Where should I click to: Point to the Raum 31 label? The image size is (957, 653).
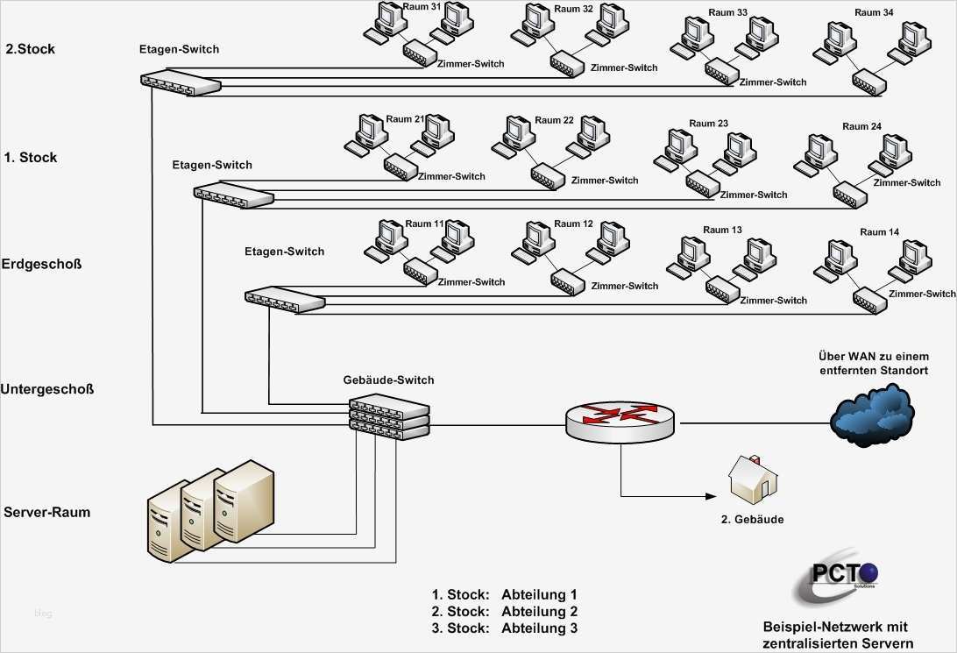(423, 7)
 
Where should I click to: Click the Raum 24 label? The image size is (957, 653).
(861, 127)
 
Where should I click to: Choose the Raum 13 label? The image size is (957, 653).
(722, 230)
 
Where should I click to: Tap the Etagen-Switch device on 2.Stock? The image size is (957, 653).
(181, 82)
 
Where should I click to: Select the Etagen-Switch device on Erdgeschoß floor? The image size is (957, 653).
(285, 298)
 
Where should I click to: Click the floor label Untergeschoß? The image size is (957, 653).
(47, 389)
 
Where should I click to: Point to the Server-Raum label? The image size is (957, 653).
(47, 512)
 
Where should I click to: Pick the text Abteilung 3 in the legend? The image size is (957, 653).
(539, 628)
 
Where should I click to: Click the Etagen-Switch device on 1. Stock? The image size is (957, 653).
(234, 195)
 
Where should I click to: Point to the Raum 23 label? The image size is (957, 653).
(708, 124)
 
